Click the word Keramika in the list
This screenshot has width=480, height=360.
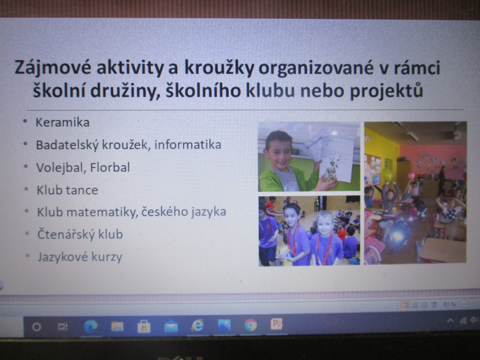pos(62,122)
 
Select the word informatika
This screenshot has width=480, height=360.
pos(188,144)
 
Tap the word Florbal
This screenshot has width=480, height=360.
pos(110,168)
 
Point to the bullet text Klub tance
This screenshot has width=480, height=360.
pos(67,190)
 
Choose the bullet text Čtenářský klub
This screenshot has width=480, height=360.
pos(80,235)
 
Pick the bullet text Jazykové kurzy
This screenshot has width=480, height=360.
pos(80,257)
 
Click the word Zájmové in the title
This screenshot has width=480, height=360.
pos(53,68)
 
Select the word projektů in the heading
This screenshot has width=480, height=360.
pos(386,91)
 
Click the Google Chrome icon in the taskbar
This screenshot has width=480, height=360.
pos(251,325)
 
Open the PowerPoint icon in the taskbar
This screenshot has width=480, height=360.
pos(276,324)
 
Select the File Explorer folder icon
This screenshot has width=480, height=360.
pos(117,326)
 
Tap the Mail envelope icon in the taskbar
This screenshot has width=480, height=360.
pos(171,326)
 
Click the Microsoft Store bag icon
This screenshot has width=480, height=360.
pos(144,326)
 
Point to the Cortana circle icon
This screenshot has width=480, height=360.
pos(36,327)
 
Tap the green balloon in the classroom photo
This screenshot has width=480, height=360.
pos(386,175)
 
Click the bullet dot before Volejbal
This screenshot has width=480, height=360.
pos(26,167)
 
